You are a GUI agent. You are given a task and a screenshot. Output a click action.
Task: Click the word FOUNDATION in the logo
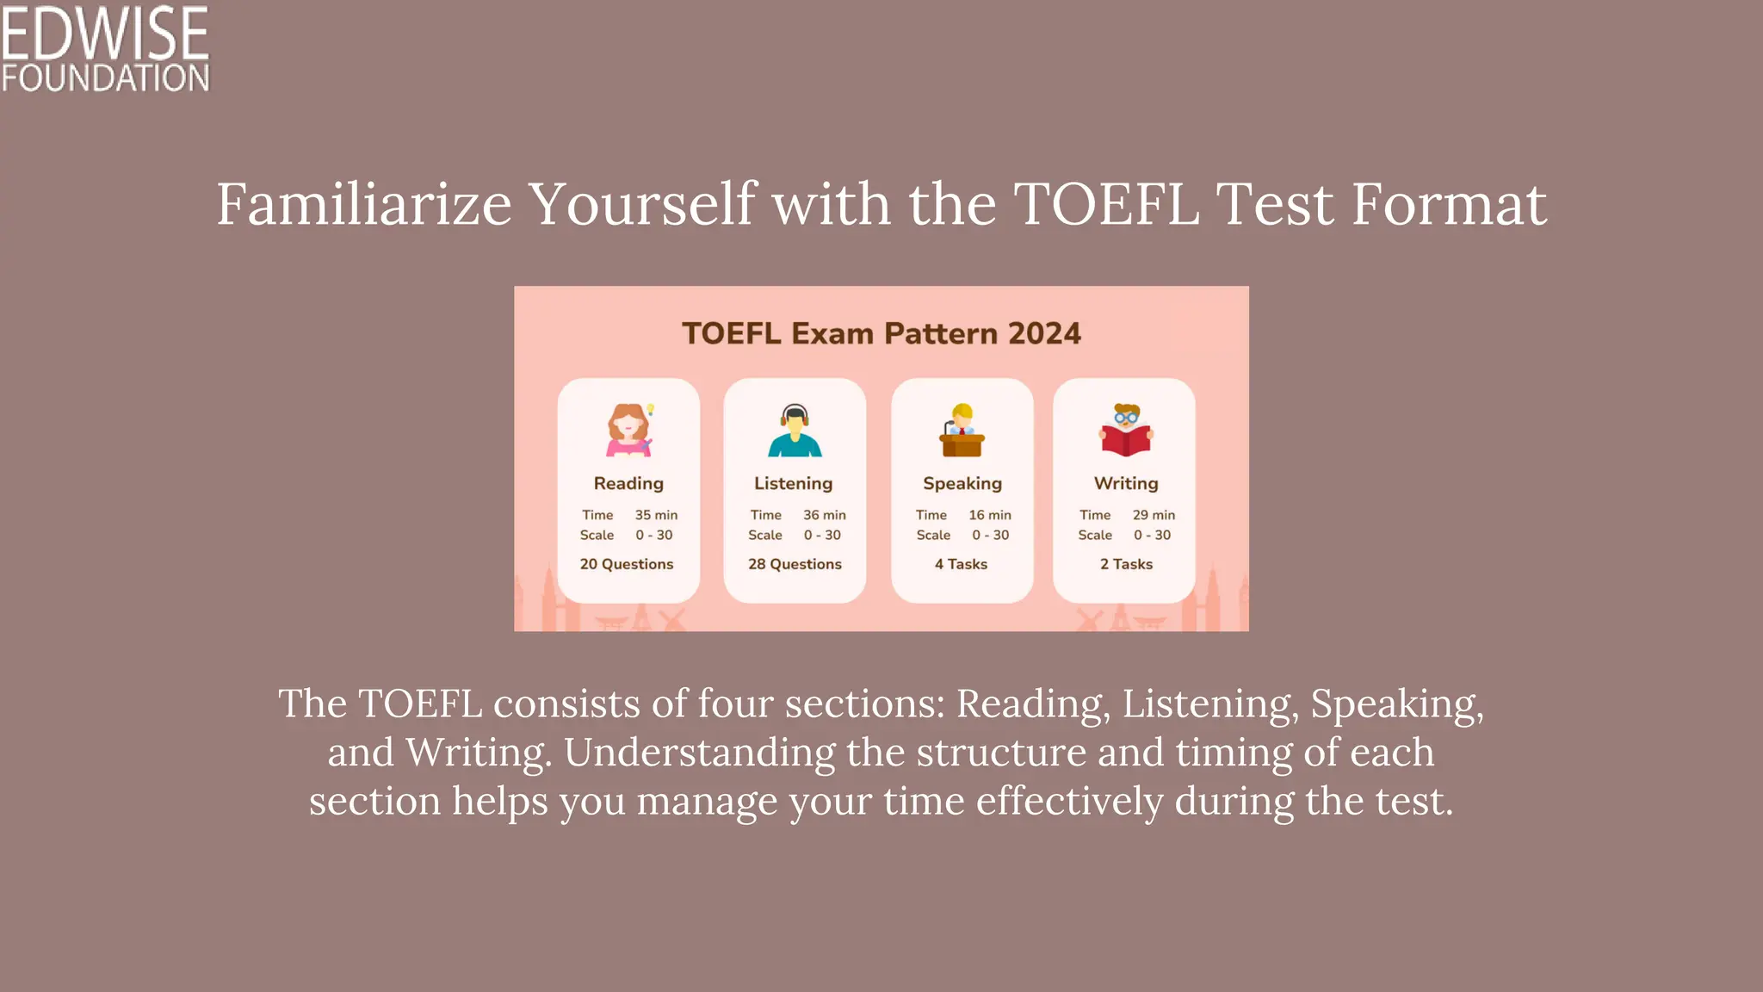click(105, 78)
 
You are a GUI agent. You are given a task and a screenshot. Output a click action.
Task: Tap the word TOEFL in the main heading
click(1106, 205)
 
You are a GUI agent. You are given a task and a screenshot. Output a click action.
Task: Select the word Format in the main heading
click(1449, 205)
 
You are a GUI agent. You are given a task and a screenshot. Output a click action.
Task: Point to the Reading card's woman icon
click(629, 430)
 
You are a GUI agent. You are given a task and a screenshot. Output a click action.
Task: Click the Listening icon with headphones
click(795, 430)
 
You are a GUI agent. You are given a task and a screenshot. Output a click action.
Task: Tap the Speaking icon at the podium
click(962, 430)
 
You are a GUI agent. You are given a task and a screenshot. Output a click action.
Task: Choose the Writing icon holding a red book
click(1125, 430)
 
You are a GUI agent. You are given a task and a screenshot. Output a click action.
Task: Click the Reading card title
click(628, 483)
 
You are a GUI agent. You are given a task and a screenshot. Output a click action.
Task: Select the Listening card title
click(794, 483)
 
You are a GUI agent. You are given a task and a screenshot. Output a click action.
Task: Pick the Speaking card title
click(962, 483)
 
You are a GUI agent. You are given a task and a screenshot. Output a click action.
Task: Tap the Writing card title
click(1126, 483)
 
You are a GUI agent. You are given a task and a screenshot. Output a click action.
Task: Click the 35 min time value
click(656, 515)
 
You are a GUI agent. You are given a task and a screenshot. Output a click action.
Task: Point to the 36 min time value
click(825, 515)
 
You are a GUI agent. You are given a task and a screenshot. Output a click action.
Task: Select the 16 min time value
click(990, 515)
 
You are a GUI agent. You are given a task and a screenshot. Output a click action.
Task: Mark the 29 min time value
click(1154, 515)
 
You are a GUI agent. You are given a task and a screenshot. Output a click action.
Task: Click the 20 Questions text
click(627, 564)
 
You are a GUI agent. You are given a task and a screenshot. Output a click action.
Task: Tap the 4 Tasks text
click(962, 564)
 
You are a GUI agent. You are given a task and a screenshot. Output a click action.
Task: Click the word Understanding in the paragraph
click(699, 753)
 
